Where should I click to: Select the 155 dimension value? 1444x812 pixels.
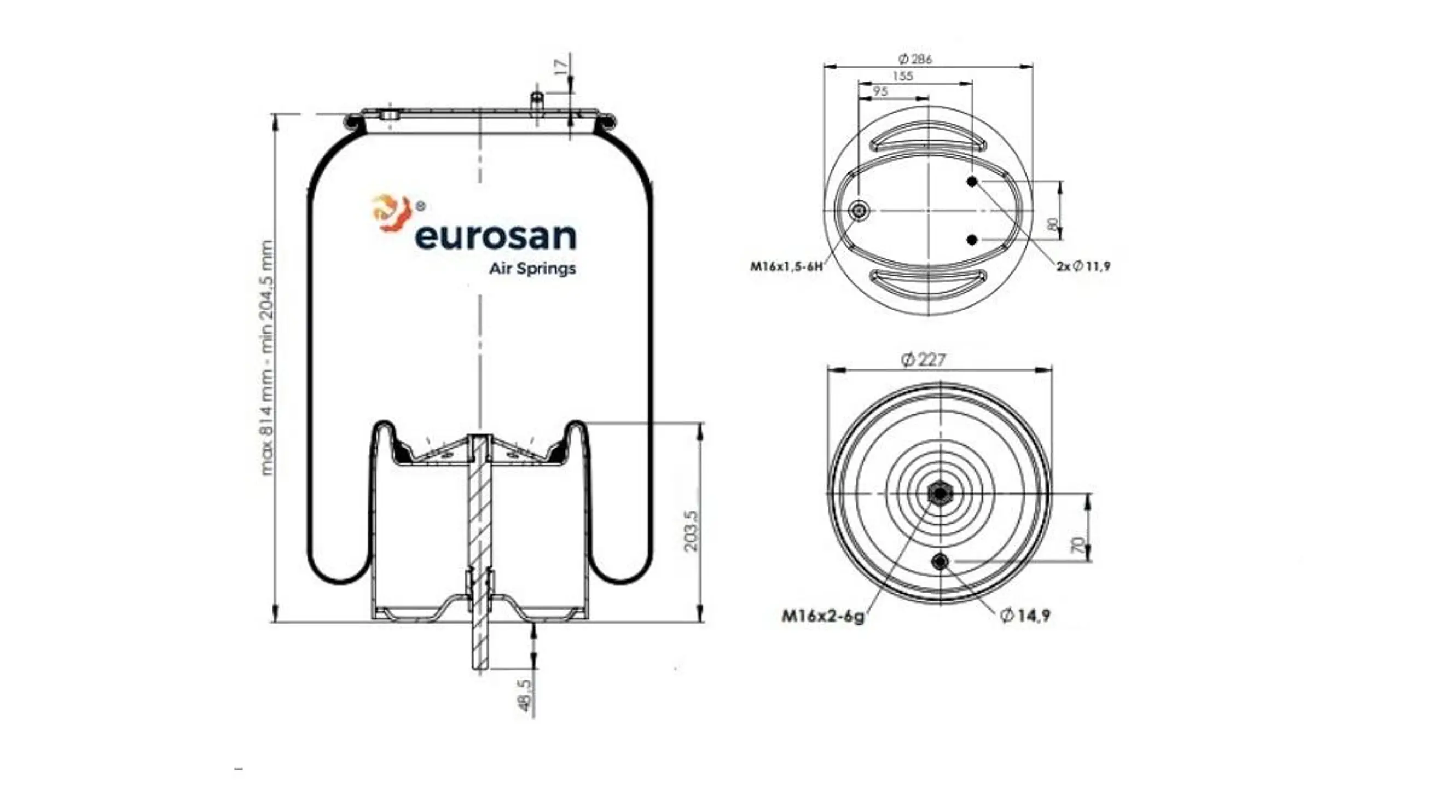coord(902,76)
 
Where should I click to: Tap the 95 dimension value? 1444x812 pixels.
coord(880,91)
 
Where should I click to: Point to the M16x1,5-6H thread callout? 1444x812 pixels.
coord(786,266)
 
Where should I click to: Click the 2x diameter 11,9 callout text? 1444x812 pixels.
coord(1083,266)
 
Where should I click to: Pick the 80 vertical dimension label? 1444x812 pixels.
coord(1053,224)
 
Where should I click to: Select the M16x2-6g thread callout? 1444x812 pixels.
coord(823,617)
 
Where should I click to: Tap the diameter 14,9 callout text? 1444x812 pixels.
coord(1025,616)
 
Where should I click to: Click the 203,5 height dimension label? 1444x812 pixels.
coord(691,530)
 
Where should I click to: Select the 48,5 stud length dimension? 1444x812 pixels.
coord(525,696)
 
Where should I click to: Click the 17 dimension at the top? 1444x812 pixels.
coord(560,66)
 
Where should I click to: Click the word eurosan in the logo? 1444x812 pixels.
coord(495,237)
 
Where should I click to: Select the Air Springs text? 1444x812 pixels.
coord(532,269)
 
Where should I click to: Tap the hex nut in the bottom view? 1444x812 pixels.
coord(940,494)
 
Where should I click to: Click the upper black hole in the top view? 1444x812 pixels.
coord(972,182)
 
